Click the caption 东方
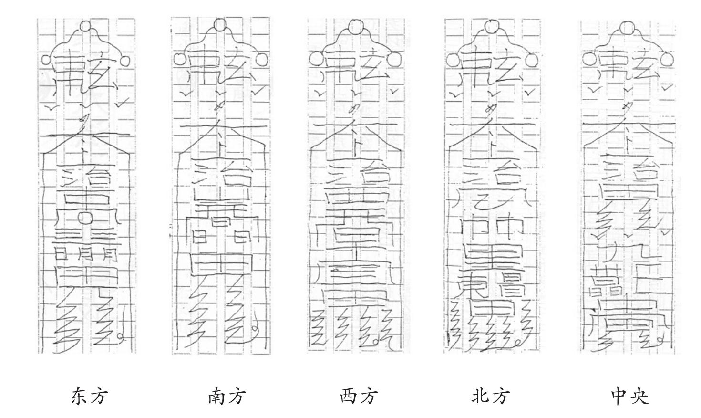[x=90, y=396]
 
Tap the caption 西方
[x=359, y=396]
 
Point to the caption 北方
[x=491, y=396]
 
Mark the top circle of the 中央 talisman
[x=628, y=27]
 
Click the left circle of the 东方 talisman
[x=47, y=60]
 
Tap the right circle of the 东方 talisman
[x=124, y=61]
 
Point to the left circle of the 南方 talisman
[x=180, y=59]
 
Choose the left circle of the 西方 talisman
[x=315, y=59]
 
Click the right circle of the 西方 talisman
[x=394, y=59]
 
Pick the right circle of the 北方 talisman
[x=533, y=59]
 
